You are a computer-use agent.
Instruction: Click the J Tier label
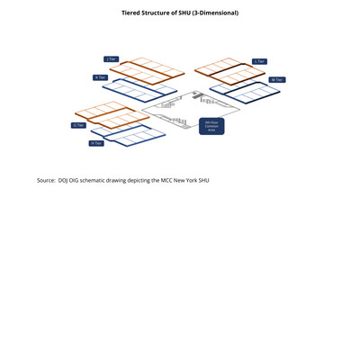[111, 59]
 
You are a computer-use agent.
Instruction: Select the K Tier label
[100, 77]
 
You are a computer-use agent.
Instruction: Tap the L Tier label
[259, 61]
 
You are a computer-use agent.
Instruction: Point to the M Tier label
[276, 80]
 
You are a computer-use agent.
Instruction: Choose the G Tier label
[78, 125]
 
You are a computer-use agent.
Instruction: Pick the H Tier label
[96, 143]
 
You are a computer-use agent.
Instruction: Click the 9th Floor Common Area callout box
[211, 126]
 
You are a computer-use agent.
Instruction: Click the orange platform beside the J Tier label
[148, 70]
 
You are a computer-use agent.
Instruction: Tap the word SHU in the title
[183, 13]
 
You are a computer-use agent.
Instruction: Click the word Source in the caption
[46, 180]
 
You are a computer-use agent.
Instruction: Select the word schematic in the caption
[103, 180]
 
